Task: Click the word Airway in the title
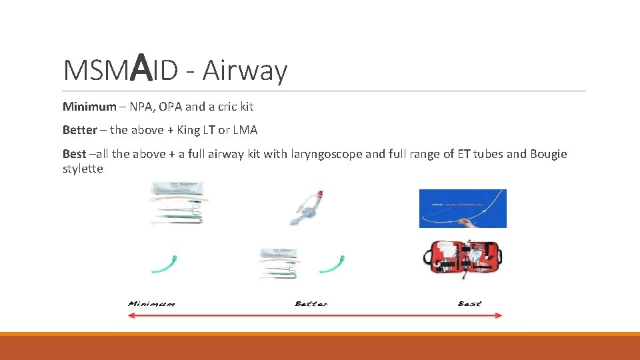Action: [245, 71]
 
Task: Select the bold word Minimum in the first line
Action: [89, 107]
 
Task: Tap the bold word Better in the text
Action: [79, 129]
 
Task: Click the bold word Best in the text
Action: [74, 153]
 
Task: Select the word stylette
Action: [83, 169]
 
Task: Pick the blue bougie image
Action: [462, 209]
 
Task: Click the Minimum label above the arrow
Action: [151, 304]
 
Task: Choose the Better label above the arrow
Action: [311, 304]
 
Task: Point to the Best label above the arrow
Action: [469, 304]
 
